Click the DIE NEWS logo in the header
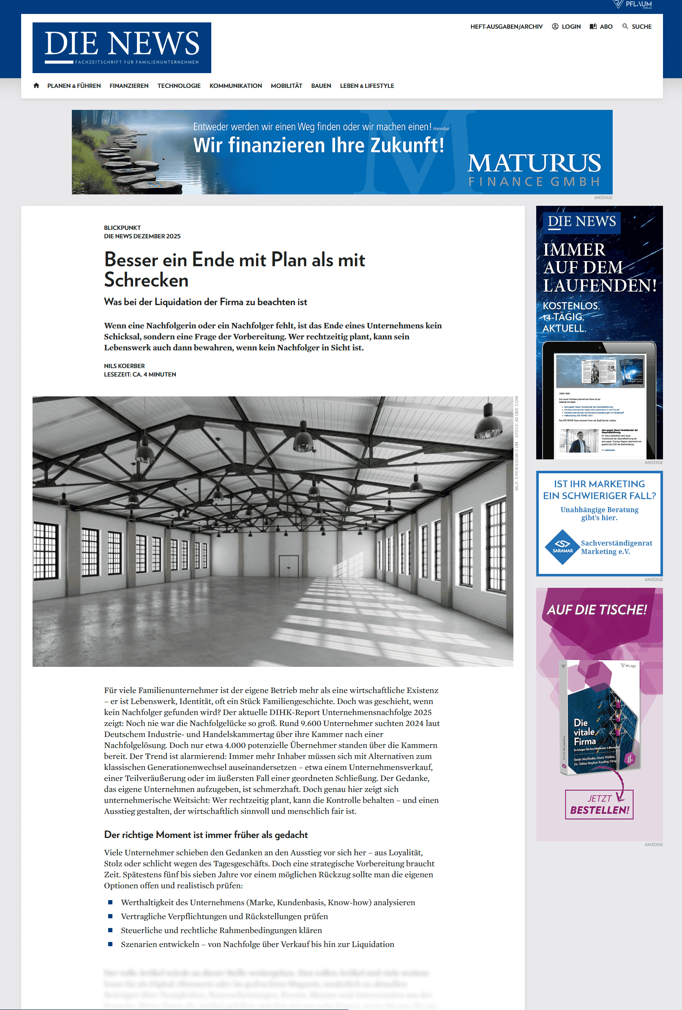tap(122, 47)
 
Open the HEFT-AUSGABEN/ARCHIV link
tap(506, 27)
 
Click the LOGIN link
tap(566, 27)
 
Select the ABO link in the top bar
tap(601, 27)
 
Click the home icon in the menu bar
tap(36, 86)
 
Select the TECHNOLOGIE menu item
tap(179, 86)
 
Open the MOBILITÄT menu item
tap(286, 86)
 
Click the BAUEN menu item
tap(321, 86)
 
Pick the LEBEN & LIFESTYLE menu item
tap(367, 86)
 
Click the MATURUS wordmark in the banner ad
tap(534, 164)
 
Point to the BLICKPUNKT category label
tap(122, 228)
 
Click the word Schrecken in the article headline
tap(146, 280)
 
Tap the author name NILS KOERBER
tap(124, 366)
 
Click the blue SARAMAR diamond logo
tap(562, 547)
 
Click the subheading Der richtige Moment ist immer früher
tap(206, 835)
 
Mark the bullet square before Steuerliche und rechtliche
tap(110, 930)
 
